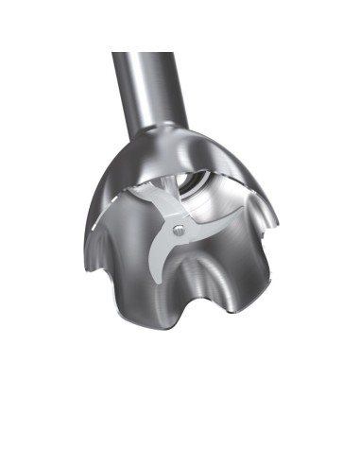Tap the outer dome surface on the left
tap(118, 180)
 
